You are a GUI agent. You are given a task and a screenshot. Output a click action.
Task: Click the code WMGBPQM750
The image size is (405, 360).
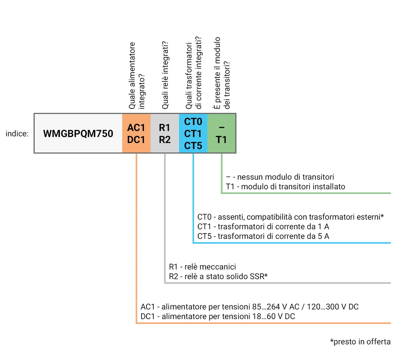coord(78,134)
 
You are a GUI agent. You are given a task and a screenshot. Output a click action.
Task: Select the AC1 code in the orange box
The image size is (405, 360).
coord(136,128)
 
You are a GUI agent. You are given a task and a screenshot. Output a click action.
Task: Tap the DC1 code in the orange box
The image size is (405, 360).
coord(136,140)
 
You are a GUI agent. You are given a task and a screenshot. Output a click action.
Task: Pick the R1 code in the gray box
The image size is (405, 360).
coord(164,128)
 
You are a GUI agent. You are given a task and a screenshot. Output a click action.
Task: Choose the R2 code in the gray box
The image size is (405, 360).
coord(164,140)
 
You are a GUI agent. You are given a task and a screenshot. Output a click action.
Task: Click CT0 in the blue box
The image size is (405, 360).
coord(193,122)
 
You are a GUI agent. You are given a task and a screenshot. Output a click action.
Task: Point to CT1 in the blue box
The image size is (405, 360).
coord(193,134)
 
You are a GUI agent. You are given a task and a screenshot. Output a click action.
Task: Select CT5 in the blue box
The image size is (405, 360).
coord(193,146)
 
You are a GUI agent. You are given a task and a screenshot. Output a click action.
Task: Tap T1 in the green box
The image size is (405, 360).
coord(221,140)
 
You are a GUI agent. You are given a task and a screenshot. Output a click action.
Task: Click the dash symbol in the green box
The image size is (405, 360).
coord(221,128)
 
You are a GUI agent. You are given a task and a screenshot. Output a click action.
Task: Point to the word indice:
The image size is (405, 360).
coord(17,134)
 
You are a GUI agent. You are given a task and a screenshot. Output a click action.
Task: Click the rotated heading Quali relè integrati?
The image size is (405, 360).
coord(165,80)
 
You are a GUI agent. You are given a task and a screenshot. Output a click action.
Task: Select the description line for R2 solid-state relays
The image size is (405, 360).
coord(218,277)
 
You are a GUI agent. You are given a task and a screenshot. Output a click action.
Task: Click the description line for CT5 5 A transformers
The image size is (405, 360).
coord(263,237)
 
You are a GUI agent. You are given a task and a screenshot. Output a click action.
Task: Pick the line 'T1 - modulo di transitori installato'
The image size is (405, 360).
coord(285,186)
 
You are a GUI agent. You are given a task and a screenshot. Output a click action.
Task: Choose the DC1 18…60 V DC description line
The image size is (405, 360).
coord(218,316)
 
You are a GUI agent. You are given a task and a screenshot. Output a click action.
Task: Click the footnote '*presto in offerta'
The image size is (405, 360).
coord(360,342)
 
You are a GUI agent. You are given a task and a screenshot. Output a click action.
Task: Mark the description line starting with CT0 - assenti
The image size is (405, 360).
coord(290,217)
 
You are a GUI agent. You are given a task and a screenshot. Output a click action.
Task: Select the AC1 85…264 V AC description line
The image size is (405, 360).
coord(250,307)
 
